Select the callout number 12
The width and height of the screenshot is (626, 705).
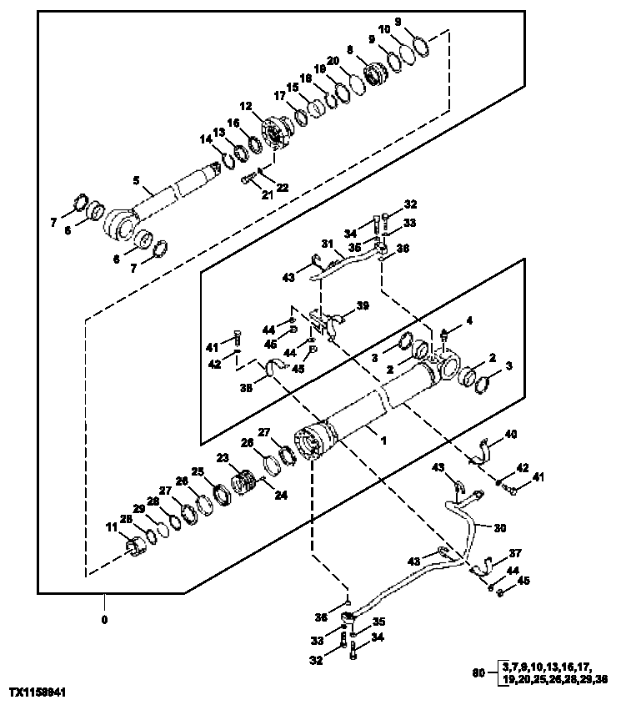coord(245,106)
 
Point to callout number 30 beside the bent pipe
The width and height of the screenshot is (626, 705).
coord(499,527)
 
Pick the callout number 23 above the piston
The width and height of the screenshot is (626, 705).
coord(223,457)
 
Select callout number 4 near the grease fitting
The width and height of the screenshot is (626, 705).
coord(469,320)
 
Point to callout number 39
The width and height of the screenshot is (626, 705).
coord(363,306)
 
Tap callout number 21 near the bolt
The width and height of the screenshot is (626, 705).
coord(244,194)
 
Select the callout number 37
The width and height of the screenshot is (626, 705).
coord(515,552)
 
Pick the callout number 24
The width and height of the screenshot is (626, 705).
coord(281,495)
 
